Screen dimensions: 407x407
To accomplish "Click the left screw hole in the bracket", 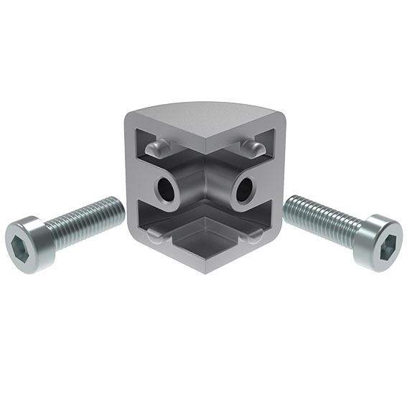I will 167,189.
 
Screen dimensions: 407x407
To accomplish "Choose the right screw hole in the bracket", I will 243,190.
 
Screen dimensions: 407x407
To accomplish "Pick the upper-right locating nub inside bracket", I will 251,148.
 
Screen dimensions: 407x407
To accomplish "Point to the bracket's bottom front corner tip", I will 205,270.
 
